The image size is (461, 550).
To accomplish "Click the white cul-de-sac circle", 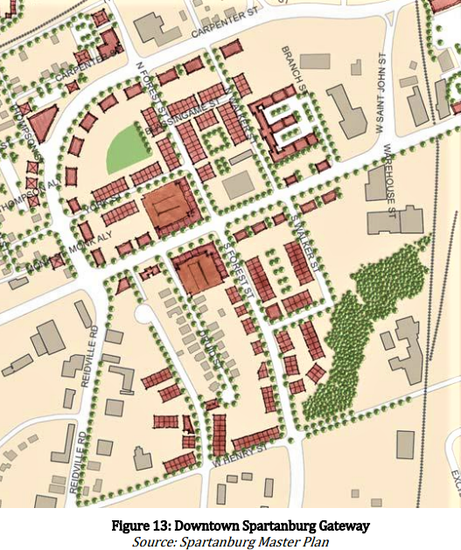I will tap(143, 313).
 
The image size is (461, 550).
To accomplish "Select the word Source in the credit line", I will tap(154, 541).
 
